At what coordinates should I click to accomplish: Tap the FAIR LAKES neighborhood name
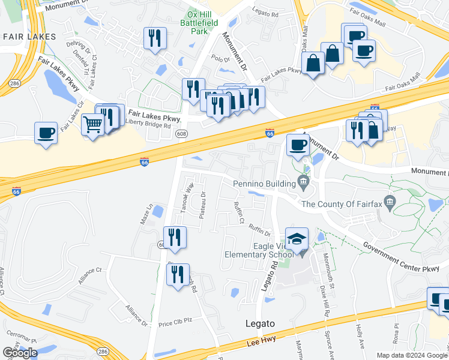[29, 37]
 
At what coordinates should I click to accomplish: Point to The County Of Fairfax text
[342, 204]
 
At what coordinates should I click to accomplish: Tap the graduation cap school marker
[297, 239]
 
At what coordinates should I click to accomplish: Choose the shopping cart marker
[92, 125]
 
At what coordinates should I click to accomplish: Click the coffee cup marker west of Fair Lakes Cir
[46, 133]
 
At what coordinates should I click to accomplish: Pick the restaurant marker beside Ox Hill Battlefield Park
[155, 38]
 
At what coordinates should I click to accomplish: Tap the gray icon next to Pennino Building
[303, 182]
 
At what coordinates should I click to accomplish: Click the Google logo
[20, 353]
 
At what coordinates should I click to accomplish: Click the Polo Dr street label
[221, 59]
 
